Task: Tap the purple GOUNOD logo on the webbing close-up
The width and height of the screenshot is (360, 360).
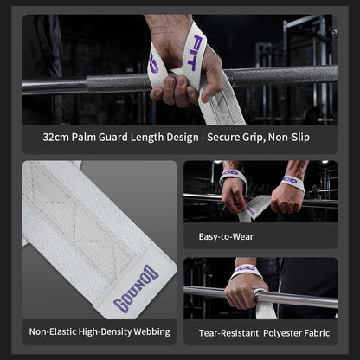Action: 136,289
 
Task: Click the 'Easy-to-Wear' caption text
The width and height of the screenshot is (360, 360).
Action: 226,236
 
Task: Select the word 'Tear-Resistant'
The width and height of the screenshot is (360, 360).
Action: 228,333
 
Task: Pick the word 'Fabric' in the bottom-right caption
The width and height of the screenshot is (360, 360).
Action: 317,333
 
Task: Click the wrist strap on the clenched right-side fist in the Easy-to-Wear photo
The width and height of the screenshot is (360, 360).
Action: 292,183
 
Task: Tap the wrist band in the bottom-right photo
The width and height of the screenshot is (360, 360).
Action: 246,271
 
